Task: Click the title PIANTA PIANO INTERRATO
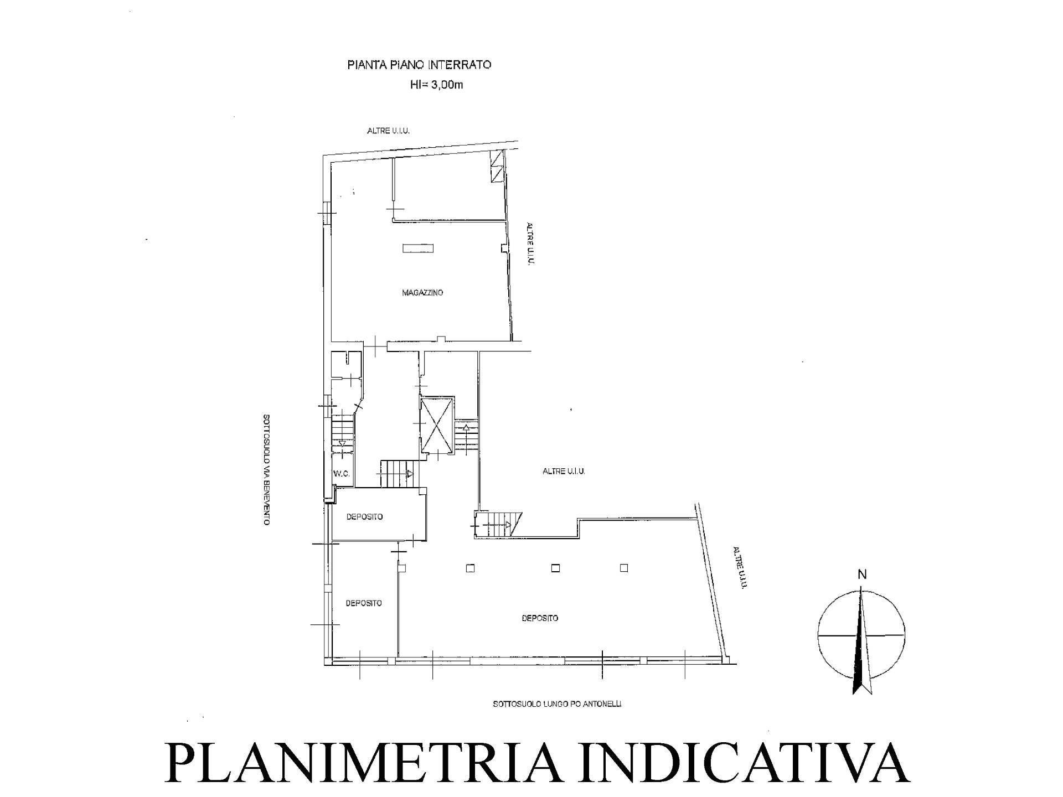[x=419, y=65]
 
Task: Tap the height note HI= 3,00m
[x=436, y=85]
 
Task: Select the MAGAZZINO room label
[x=422, y=293]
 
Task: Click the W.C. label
[x=341, y=474]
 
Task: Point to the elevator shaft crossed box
[x=437, y=424]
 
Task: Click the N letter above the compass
[x=862, y=575]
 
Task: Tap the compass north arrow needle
[x=861, y=642]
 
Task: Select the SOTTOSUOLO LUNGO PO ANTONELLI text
[x=557, y=704]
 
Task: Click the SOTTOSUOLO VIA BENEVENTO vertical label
[x=266, y=470]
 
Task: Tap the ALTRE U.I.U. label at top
[x=388, y=131]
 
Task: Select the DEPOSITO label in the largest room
[x=540, y=618]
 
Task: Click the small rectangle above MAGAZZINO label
[x=418, y=249]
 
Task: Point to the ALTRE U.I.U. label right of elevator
[x=564, y=472]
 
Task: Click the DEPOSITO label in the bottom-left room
[x=364, y=603]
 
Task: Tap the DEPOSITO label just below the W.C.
[x=364, y=517]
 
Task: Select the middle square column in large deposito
[x=555, y=568]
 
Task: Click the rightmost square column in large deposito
[x=624, y=568]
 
